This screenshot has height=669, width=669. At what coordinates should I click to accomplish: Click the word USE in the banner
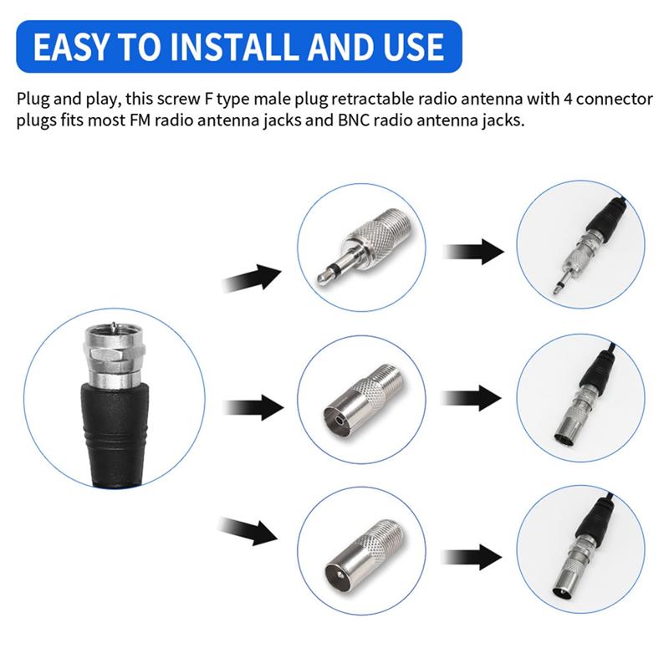pos(410,47)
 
